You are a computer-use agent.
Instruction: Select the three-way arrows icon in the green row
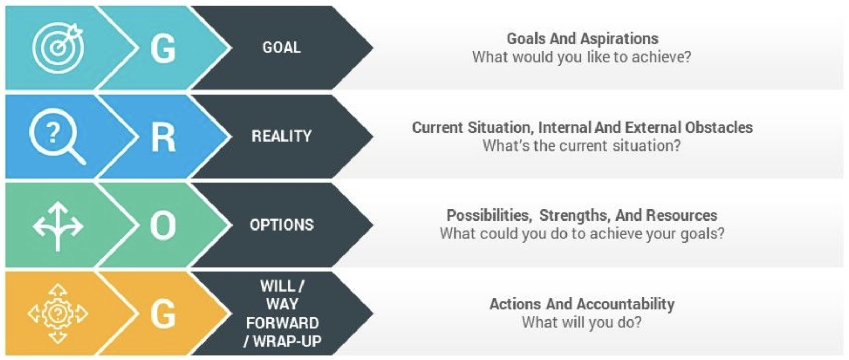tap(58, 226)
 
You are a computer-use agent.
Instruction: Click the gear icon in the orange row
tap(58, 314)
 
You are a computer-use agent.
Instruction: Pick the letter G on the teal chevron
tap(163, 48)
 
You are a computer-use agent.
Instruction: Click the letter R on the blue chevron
tap(163, 137)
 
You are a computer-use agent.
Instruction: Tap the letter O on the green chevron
tap(163, 226)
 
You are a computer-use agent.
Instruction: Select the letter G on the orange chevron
tap(163, 314)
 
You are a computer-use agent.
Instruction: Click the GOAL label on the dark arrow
tap(281, 47)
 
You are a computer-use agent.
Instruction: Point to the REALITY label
tap(281, 136)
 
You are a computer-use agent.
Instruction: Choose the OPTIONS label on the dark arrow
tap(281, 225)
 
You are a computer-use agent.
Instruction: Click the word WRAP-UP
tap(287, 342)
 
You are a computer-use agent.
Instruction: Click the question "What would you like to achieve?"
tap(581, 57)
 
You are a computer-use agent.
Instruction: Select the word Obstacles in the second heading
tap(719, 127)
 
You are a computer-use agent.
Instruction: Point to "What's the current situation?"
tap(581, 146)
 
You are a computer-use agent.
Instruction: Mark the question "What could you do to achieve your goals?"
tap(582, 234)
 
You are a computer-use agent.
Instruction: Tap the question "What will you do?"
tap(581, 322)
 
